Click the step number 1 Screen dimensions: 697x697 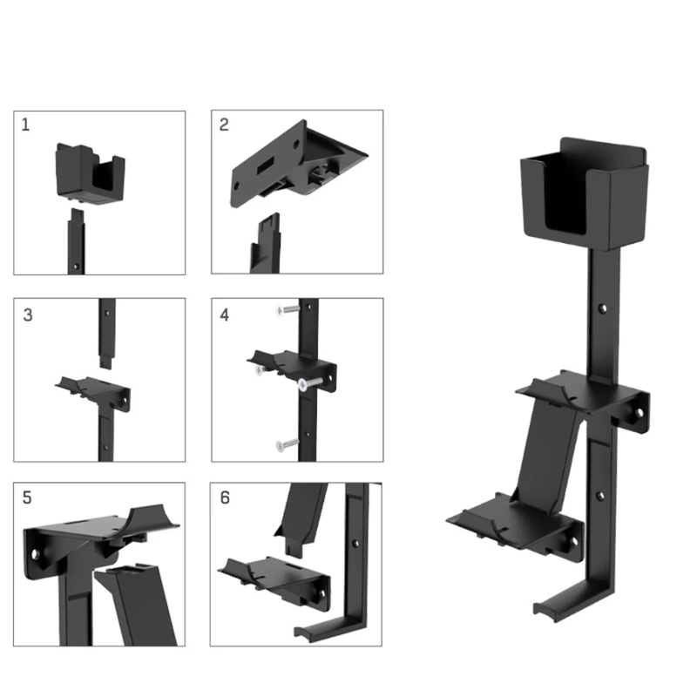[25, 125]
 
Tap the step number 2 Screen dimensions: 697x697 [224, 125]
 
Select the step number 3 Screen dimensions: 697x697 [28, 315]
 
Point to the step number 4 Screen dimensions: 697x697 [225, 315]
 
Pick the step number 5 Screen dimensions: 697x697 [27, 497]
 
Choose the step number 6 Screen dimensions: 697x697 [225, 497]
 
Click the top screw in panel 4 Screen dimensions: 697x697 [288, 309]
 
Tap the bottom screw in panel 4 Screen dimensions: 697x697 [288, 443]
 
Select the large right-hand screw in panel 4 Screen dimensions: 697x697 [310, 383]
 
